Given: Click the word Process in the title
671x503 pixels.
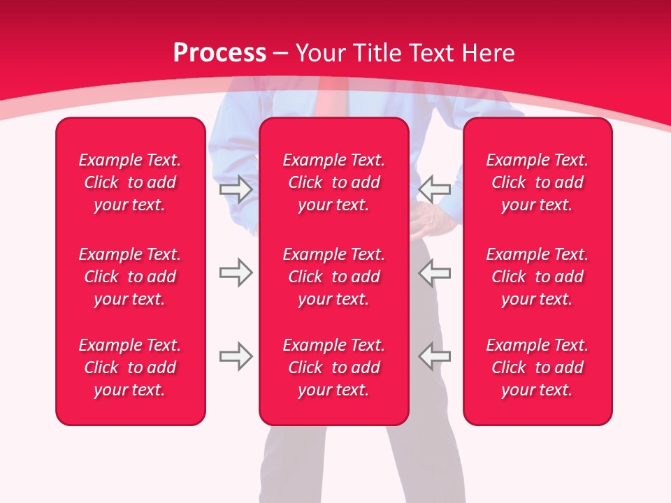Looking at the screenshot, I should [219, 52].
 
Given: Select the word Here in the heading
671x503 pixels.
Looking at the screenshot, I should [488, 52].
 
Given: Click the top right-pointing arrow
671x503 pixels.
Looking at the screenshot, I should [236, 189].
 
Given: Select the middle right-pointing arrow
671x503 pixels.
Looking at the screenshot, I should [236, 272].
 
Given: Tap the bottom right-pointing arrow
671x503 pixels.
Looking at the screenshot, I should [236, 356].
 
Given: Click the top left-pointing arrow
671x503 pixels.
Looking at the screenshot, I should [435, 189].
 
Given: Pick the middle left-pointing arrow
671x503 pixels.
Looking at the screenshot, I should [435, 272].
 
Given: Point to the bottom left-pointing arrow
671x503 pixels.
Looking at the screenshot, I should [435, 356].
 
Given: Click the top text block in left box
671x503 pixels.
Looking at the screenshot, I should [130, 182].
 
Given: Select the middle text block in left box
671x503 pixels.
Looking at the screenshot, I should [130, 277].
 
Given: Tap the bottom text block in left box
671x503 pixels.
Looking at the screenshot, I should [130, 367].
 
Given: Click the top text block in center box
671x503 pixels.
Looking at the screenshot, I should [333, 182].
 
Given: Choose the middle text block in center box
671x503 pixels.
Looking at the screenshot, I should [333, 277].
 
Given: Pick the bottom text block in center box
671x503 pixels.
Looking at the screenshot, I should [333, 367].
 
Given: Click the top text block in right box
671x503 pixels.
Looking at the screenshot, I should [537, 182].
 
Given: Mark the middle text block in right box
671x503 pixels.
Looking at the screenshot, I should [537, 277].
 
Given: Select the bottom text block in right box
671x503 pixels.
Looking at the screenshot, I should [537, 367].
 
